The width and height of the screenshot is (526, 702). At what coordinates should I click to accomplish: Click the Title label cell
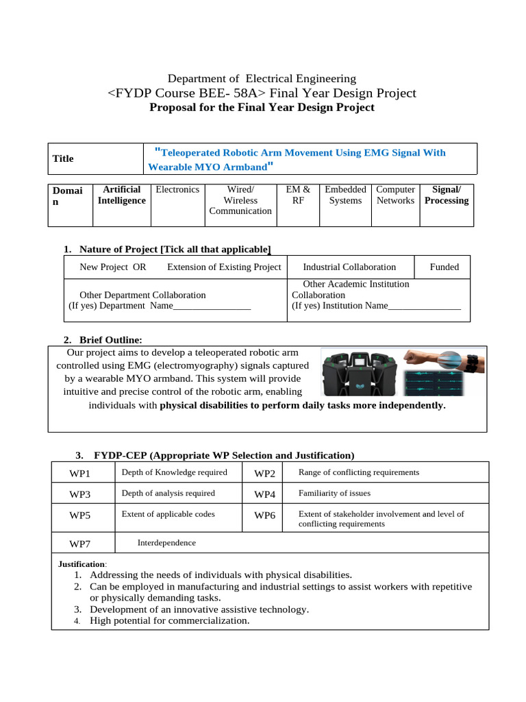[x=63, y=158]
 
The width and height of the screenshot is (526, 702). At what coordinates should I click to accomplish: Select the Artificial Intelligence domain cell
[x=122, y=195]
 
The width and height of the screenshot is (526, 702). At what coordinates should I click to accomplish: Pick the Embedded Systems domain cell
[x=345, y=195]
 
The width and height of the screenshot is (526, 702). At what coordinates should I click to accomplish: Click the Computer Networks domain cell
[x=396, y=195]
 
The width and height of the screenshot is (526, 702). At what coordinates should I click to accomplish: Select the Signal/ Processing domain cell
[x=447, y=195]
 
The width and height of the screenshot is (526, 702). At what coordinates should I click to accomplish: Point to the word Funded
[x=444, y=267]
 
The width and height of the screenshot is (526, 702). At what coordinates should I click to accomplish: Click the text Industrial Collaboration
[x=349, y=267]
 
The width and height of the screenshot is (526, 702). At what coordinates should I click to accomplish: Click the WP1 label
[x=80, y=473]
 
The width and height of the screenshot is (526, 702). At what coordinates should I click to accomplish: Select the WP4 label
[x=264, y=494]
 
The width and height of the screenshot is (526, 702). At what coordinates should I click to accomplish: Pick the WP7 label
[x=80, y=544]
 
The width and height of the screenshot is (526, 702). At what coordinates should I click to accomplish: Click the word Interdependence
[x=166, y=542]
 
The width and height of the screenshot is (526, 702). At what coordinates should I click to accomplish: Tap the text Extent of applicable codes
[x=168, y=513]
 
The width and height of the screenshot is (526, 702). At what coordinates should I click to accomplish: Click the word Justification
[x=82, y=564]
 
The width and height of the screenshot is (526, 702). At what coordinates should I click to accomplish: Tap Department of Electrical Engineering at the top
[x=262, y=79]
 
